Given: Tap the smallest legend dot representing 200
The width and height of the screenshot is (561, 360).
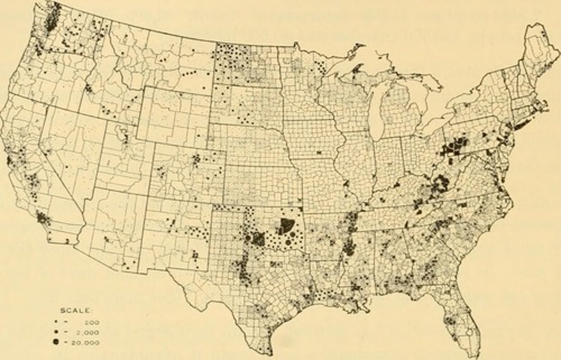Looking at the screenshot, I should pos(56,322).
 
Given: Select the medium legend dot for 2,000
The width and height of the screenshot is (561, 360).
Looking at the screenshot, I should pos(56,332).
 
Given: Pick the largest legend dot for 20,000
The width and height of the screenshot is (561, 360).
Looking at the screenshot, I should pos(56,342).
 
